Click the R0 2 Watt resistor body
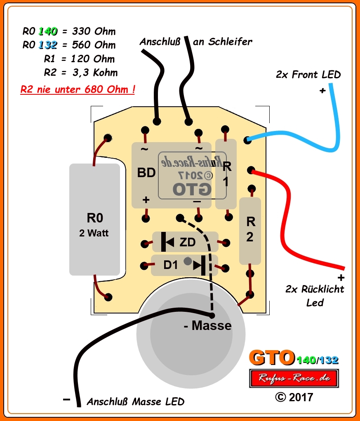[94, 220]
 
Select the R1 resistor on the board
[226, 174]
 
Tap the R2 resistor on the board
[250, 231]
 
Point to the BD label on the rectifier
[146, 173]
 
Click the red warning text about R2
[78, 89]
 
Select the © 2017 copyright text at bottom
[294, 397]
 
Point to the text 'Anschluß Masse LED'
[135, 402]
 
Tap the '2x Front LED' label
[308, 75]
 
